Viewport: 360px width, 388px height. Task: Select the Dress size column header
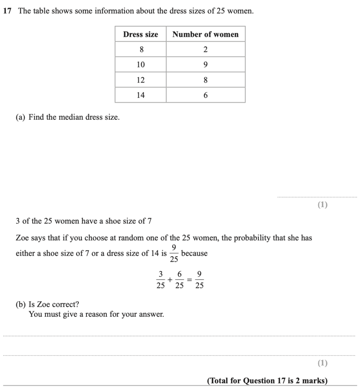click(140, 34)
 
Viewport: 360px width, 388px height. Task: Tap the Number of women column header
click(205, 34)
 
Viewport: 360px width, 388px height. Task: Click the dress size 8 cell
click(141, 50)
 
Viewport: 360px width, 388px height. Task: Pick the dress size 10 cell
click(141, 65)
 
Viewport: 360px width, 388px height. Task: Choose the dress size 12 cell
click(141, 80)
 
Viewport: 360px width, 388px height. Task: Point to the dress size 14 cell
click(141, 95)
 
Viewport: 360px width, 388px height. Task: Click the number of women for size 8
click(206, 50)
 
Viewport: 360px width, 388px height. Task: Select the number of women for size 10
click(206, 65)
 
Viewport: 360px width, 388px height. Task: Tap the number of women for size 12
click(206, 80)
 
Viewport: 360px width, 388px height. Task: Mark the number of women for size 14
click(206, 95)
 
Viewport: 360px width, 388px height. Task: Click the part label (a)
click(20, 117)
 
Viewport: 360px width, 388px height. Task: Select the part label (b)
click(21, 304)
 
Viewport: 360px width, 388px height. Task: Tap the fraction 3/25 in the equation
click(160, 280)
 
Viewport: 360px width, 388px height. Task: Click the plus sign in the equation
click(170, 280)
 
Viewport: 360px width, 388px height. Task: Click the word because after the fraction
click(195, 253)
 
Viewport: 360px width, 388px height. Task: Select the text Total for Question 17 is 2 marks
click(267, 380)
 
